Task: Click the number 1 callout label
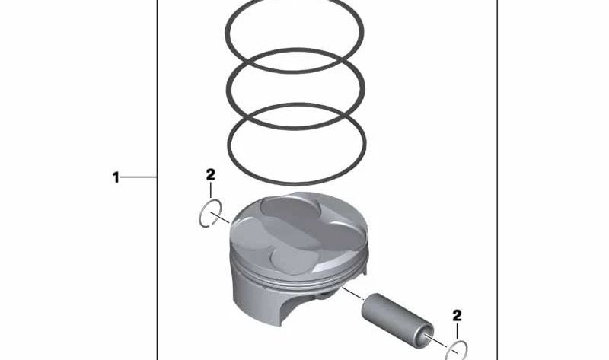tap(116, 178)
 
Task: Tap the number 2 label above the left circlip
tap(211, 175)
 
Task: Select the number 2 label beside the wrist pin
tap(457, 314)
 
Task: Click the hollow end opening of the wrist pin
tap(422, 335)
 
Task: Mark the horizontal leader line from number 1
tap(139, 178)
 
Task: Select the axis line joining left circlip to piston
tap(222, 219)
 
